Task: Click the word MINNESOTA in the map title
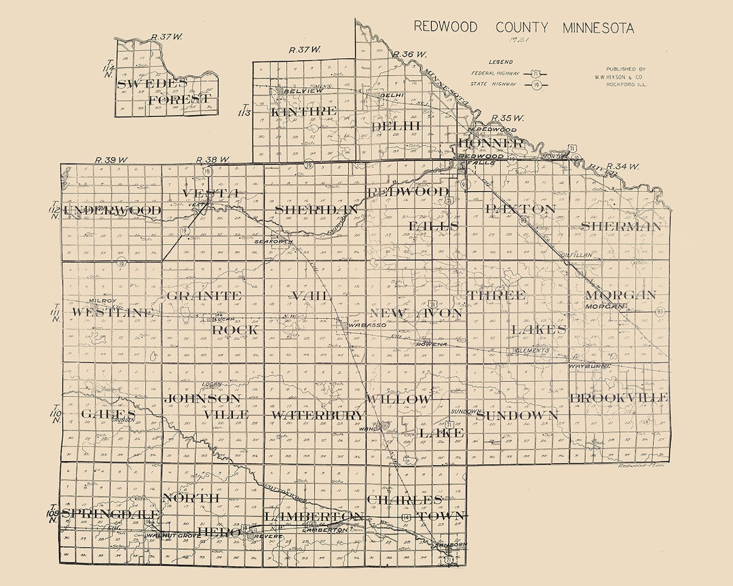tap(598, 28)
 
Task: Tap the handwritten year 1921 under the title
tap(522, 41)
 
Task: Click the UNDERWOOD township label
tap(113, 211)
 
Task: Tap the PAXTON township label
tap(521, 209)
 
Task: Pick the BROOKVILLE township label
tap(619, 397)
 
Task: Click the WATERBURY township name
tap(318, 415)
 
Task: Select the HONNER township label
tap(491, 143)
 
